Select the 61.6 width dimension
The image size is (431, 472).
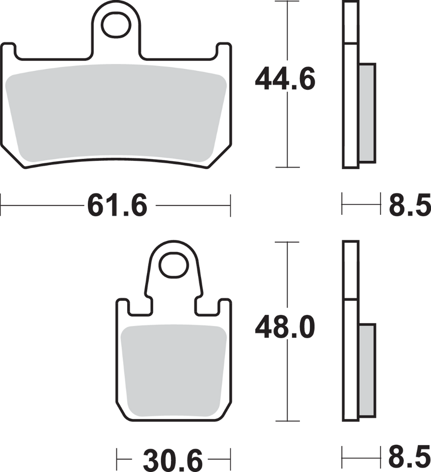[117, 205]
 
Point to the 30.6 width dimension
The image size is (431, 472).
[172, 461]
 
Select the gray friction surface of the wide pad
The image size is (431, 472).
[117, 116]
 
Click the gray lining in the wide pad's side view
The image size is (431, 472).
[368, 113]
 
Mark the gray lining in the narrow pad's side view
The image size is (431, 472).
[368, 369]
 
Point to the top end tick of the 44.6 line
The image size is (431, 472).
[287, 2]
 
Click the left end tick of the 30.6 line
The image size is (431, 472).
[116, 460]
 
